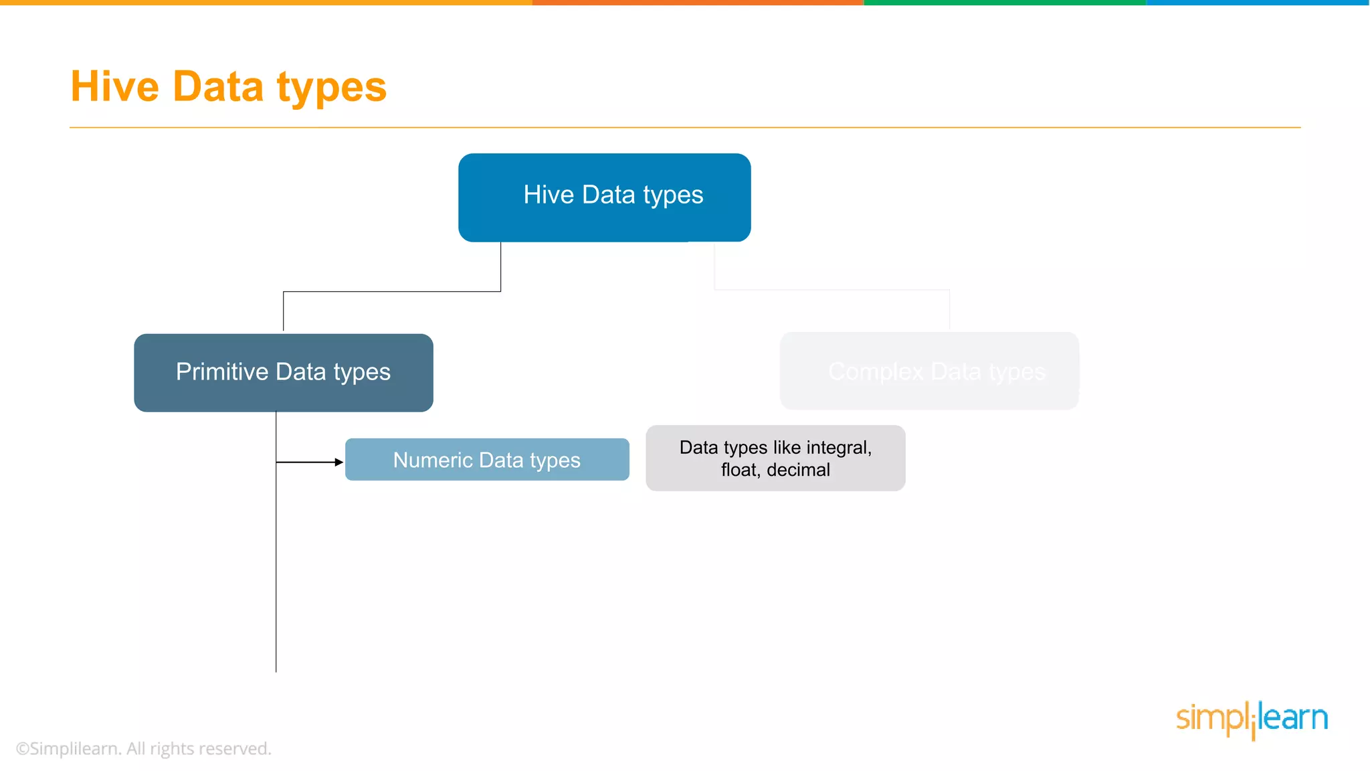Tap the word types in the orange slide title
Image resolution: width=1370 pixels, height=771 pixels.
[x=332, y=88]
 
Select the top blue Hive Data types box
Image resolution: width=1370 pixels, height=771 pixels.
[x=604, y=197]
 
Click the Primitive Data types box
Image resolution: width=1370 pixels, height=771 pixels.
[x=283, y=372]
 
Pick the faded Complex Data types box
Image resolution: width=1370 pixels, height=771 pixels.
[x=928, y=371]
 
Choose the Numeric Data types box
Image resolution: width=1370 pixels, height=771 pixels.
[x=486, y=460]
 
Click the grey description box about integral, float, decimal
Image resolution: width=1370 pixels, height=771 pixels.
[x=775, y=458]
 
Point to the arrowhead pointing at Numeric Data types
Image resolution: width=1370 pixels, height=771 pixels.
[x=338, y=462]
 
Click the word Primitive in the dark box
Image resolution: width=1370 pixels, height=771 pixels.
[x=222, y=371]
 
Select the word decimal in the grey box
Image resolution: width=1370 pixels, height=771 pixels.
[x=798, y=470]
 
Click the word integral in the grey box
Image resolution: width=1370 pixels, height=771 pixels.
[x=838, y=447]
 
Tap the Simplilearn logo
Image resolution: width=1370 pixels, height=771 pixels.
[x=1251, y=719]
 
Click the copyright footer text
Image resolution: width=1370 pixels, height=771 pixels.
[x=143, y=748]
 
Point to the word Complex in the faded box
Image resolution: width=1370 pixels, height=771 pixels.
[x=875, y=371]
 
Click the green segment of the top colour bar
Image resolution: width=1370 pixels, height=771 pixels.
[x=1003, y=3]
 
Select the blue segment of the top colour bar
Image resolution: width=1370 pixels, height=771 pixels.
[x=1258, y=3]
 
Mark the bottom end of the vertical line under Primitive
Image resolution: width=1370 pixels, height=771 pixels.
[x=276, y=671]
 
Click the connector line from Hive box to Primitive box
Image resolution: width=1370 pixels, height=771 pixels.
[x=391, y=291]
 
